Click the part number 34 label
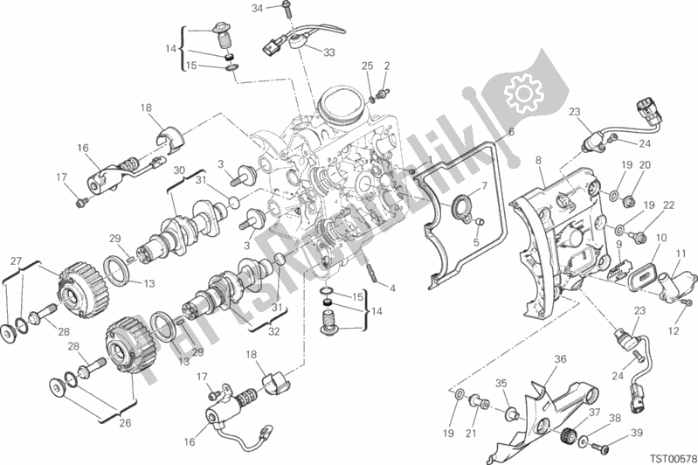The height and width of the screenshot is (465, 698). pyautogui.click(x=258, y=8)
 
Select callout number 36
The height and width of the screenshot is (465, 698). pyautogui.click(x=560, y=358)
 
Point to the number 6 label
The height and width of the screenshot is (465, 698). pyautogui.click(x=511, y=131)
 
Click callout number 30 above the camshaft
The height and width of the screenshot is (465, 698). pyautogui.click(x=179, y=170)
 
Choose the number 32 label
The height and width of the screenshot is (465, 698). pyautogui.click(x=274, y=331)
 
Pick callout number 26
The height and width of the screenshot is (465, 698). pyautogui.click(x=125, y=422)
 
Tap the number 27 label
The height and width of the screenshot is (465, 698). pyautogui.click(x=16, y=261)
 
